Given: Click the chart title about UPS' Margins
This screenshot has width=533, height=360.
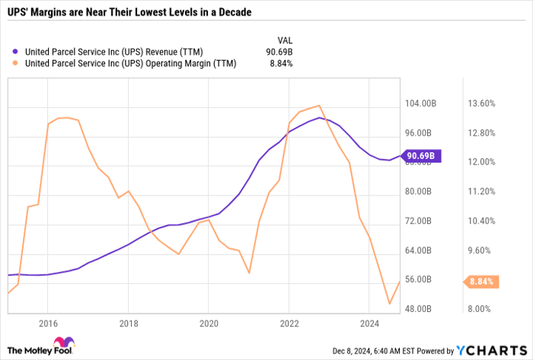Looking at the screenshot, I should pos(129,14).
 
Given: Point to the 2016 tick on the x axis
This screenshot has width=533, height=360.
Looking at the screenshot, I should pos(47,323).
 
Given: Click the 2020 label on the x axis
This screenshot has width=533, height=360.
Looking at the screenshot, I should pos(209,323).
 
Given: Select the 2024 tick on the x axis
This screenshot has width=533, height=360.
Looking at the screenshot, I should pos(369,323).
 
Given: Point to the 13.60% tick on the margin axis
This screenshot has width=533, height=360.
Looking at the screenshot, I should pos(481,104).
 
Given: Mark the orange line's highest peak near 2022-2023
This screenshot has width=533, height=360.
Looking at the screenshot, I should pos(318,106).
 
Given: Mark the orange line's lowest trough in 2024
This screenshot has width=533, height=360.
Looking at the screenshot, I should pos(390,304).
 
